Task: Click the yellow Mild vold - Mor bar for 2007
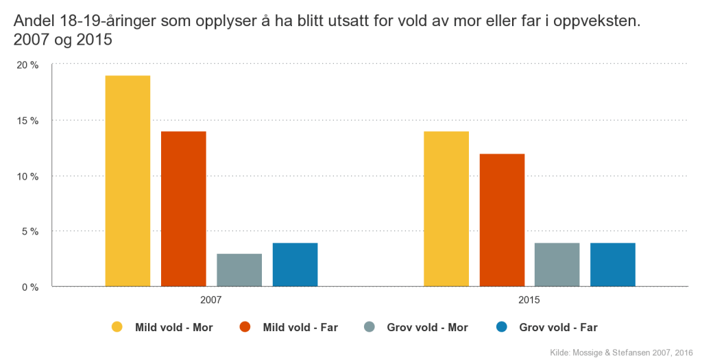(128, 180)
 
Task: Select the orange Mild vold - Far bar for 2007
(183, 208)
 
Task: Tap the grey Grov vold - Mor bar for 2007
(239, 269)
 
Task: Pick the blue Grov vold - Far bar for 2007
(295, 264)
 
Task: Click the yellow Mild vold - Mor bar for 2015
(446, 208)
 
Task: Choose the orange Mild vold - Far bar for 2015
(502, 219)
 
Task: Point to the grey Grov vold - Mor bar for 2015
(557, 264)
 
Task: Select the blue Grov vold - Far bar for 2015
(613, 264)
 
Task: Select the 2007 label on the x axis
(211, 300)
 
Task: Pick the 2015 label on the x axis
(529, 300)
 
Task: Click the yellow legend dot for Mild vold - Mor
(117, 327)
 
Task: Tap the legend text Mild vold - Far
(300, 327)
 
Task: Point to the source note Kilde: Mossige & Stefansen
(620, 352)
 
